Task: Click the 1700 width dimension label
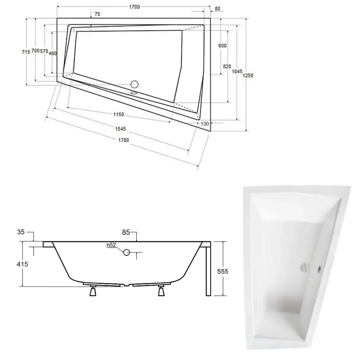click(134, 7)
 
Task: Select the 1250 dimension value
click(248, 75)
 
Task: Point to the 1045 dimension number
click(237, 72)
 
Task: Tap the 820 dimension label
click(227, 66)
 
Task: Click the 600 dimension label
click(223, 46)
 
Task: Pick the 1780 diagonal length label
click(124, 140)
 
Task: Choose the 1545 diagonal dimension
click(121, 129)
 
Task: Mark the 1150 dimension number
click(119, 115)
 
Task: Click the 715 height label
click(26, 52)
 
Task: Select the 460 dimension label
click(52, 53)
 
